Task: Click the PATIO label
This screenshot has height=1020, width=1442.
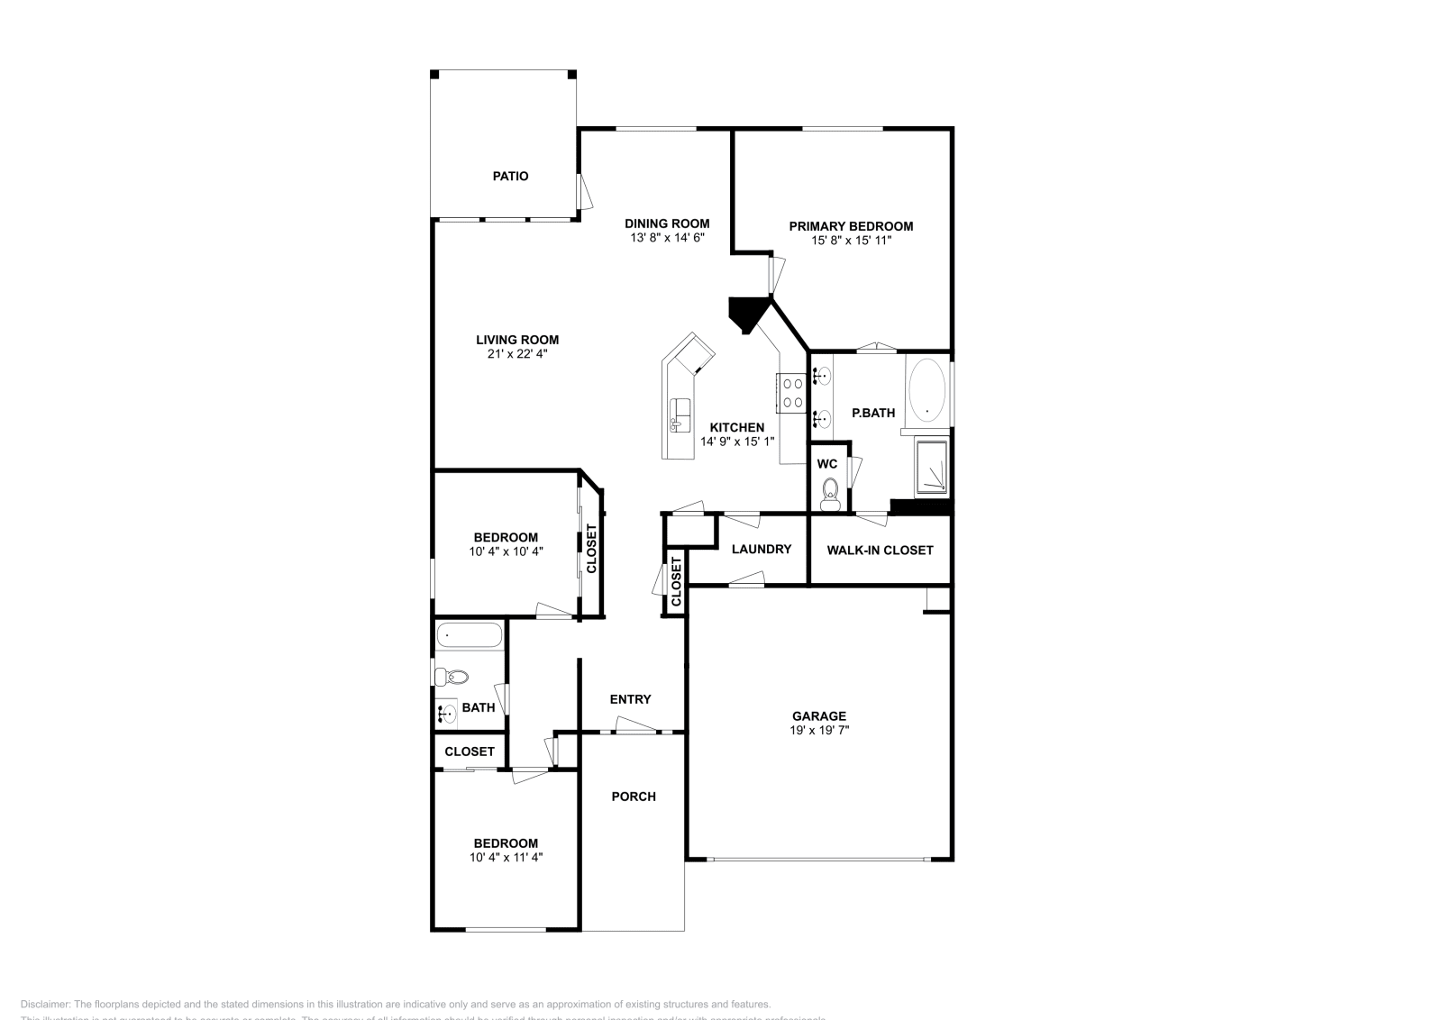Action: [510, 177]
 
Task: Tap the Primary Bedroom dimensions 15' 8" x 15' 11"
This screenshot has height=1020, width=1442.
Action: [851, 241]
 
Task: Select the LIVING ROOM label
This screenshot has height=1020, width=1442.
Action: [517, 340]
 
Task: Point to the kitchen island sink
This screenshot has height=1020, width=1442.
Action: [680, 415]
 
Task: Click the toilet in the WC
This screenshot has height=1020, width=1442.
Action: [830, 492]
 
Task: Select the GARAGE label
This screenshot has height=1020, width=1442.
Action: [819, 716]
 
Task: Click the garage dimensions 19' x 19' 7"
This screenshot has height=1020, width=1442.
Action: [819, 731]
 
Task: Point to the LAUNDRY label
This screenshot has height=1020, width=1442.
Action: [762, 550]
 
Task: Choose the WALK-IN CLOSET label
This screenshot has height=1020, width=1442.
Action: [880, 550]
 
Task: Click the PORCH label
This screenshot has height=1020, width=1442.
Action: [634, 797]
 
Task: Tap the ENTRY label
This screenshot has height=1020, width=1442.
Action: [630, 699]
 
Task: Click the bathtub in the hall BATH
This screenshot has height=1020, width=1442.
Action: [469, 636]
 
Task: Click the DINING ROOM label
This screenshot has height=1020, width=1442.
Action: [667, 223]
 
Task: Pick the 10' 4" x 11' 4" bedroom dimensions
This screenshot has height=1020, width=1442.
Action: [506, 858]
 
